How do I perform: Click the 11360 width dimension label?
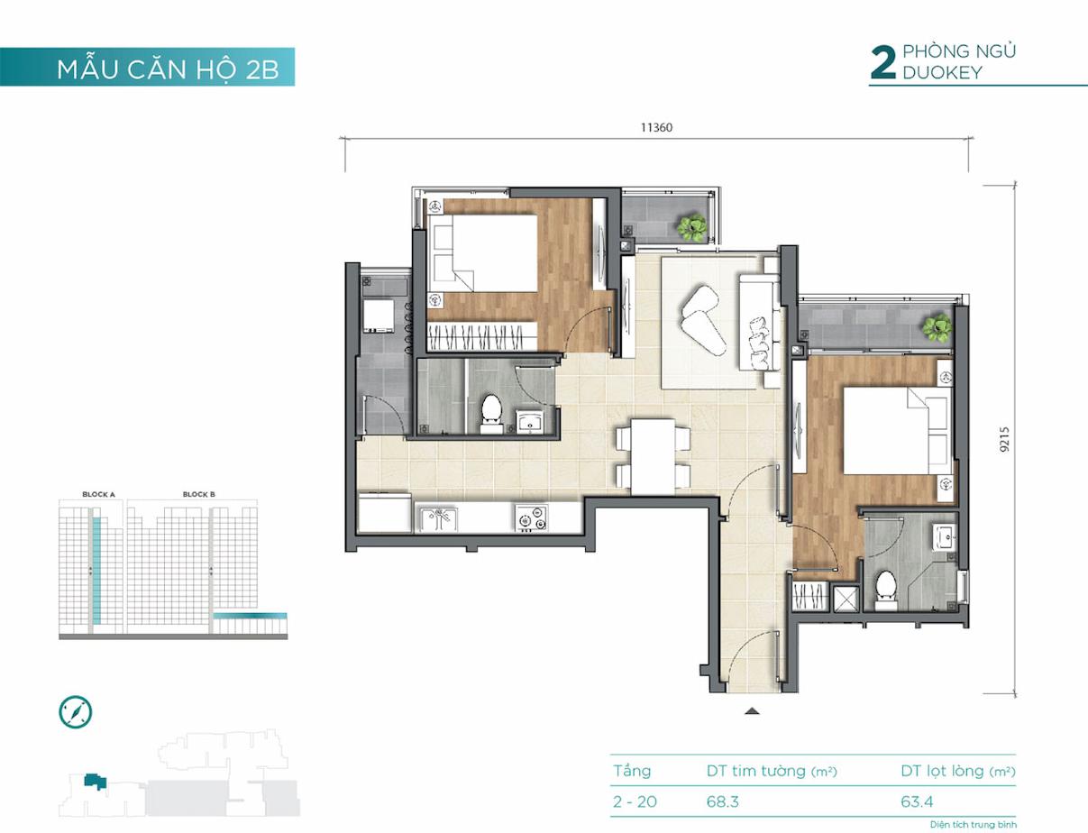coord(656,128)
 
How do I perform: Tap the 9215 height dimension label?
coord(1004,440)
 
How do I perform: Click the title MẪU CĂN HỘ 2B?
coord(168,69)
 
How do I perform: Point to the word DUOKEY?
coord(942,73)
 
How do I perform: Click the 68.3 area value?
coord(723,801)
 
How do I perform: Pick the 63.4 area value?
coord(917,801)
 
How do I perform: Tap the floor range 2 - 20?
coord(635,801)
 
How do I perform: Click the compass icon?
coord(76,711)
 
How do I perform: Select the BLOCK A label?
coord(98,494)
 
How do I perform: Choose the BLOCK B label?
coord(199,494)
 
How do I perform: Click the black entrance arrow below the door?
coord(752,710)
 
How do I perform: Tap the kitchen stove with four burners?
coord(531,517)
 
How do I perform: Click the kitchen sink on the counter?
coord(439,519)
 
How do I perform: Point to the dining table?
coord(653,456)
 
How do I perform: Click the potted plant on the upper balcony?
coord(692,228)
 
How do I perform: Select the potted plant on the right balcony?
coord(937,328)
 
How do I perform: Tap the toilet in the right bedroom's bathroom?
coord(886,590)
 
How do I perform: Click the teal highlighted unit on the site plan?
coord(96,781)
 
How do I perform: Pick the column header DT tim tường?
coord(756,771)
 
